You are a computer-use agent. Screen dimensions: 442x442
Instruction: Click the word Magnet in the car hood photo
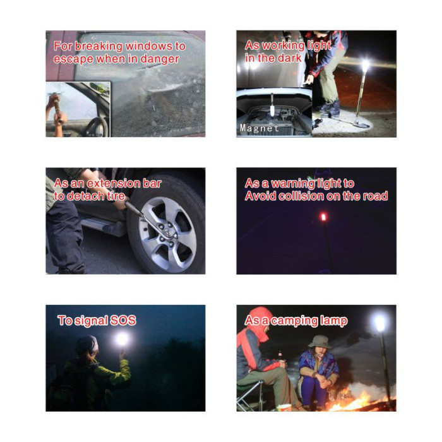tap(260, 128)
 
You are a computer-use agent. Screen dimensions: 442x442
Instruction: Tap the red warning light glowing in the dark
tap(323, 217)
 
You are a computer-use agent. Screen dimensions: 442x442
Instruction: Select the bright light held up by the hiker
tap(122, 339)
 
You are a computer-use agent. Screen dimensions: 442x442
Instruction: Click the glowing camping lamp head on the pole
tap(379, 323)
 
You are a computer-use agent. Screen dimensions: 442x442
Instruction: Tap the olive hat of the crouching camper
tap(320, 342)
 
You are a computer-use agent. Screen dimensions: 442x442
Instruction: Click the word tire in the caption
tap(116, 196)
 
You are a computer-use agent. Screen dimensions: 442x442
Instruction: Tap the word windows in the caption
tap(149, 46)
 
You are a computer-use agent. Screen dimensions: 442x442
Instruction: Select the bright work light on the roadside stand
tap(365, 66)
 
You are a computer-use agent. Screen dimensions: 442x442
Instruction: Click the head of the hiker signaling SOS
tap(87, 345)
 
